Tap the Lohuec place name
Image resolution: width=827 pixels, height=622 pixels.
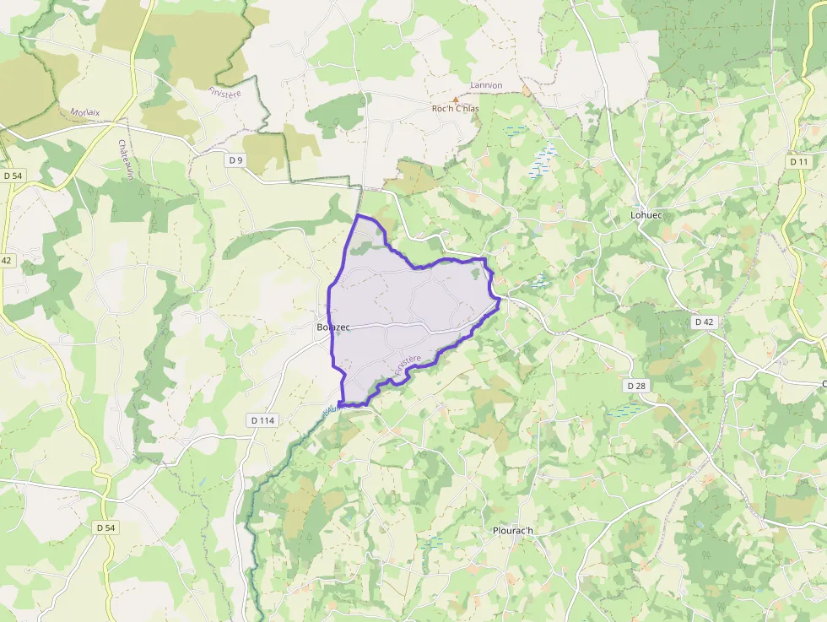(646, 215)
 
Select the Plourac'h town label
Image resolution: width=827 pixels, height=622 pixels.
(515, 531)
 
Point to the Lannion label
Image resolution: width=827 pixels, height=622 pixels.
(485, 85)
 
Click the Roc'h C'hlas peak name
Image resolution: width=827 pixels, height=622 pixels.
(455, 109)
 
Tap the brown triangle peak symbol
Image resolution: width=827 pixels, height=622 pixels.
(456, 98)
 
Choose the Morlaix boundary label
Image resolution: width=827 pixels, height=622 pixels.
(85, 112)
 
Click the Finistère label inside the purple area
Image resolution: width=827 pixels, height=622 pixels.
(408, 365)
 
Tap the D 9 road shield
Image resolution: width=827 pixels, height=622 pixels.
(235, 159)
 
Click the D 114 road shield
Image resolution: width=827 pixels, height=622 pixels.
(264, 419)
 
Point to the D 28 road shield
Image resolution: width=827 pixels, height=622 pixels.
(636, 386)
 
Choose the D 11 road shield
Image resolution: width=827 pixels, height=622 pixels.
(798, 161)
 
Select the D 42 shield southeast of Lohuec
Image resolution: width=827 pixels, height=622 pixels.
(704, 322)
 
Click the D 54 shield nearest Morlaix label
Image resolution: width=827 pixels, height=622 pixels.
(12, 175)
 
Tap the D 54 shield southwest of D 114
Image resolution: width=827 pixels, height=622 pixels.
(105, 527)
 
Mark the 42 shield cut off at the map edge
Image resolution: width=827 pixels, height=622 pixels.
(6, 261)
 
